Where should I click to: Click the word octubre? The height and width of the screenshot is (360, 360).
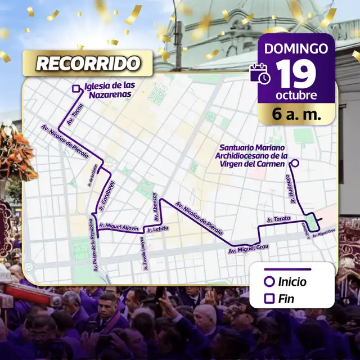click(x=296, y=94)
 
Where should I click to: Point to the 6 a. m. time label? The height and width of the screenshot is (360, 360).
click(x=296, y=115)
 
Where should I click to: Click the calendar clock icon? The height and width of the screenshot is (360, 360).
click(x=260, y=74)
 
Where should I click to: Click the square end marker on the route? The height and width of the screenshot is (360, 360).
click(x=76, y=88)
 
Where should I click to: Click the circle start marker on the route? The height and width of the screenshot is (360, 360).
click(x=294, y=164)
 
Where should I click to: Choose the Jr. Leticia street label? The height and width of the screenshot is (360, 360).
click(x=157, y=228)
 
